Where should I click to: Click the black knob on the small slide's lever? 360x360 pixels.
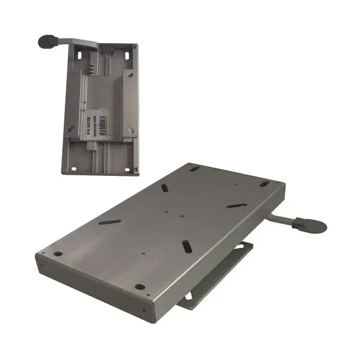click(x=47, y=41)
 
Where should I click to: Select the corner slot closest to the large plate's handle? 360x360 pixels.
click(x=263, y=184)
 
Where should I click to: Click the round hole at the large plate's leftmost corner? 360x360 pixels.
click(x=58, y=254)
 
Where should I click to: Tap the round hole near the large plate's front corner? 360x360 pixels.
click(x=140, y=287)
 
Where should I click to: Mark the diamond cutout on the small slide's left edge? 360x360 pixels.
click(x=70, y=127)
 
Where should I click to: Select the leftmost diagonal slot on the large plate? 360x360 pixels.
click(x=110, y=222)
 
